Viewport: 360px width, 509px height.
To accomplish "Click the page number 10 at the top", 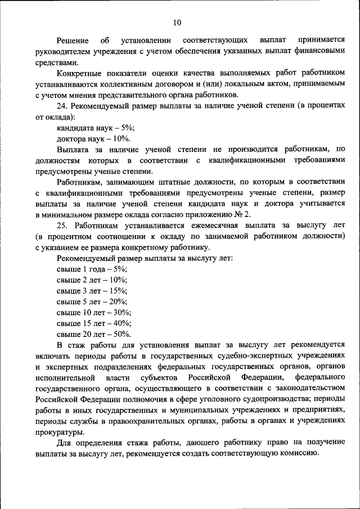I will tap(177, 22).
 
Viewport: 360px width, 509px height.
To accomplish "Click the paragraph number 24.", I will tap(63, 107).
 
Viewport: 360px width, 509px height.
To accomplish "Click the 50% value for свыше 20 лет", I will tap(122, 334).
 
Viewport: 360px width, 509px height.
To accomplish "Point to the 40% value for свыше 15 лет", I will tap(122, 323).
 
